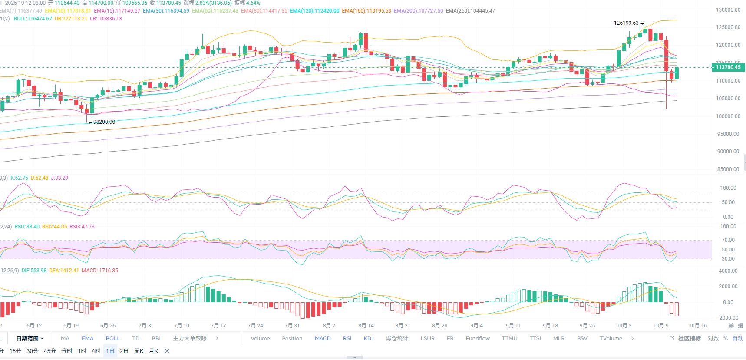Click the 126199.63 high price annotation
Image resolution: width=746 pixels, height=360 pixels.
[626, 23]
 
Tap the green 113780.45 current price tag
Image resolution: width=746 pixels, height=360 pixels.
[728, 67]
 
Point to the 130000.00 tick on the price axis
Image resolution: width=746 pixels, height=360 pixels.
[728, 10]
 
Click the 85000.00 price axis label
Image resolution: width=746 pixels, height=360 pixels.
[728, 169]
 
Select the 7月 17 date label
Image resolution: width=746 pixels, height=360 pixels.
[218, 326]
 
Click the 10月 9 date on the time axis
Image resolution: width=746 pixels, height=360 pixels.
[661, 326]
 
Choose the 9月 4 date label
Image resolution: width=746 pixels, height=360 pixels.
[476, 326]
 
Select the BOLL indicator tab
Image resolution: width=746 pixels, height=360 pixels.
[113, 339]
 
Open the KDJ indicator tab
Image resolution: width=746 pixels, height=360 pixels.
[369, 339]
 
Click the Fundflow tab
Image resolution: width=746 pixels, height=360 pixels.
[478, 339]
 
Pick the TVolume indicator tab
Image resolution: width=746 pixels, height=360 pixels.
[611, 339]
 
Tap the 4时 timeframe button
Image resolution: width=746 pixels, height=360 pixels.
[96, 351]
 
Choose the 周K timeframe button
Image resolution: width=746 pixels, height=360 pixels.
[139, 351]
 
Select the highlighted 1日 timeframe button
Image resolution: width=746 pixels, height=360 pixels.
[110, 351]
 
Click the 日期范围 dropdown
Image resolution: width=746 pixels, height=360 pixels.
[30, 339]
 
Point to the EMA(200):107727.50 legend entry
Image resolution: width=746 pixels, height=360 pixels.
[418, 11]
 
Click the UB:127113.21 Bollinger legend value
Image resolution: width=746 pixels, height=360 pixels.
[71, 19]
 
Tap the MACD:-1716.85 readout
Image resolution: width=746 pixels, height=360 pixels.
[100, 271]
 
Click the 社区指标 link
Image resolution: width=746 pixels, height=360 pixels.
[689, 339]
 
